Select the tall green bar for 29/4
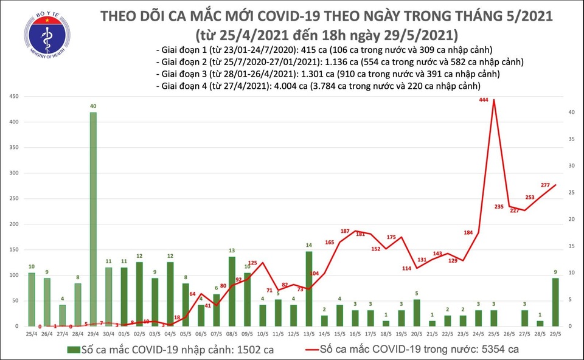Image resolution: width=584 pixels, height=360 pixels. (x=93, y=219)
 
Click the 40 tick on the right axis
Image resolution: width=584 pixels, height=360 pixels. (x=572, y=112)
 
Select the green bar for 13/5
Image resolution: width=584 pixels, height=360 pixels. (x=309, y=288)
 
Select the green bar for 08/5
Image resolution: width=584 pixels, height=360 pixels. (x=232, y=291)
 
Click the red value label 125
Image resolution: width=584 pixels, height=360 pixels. (x=252, y=263)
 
